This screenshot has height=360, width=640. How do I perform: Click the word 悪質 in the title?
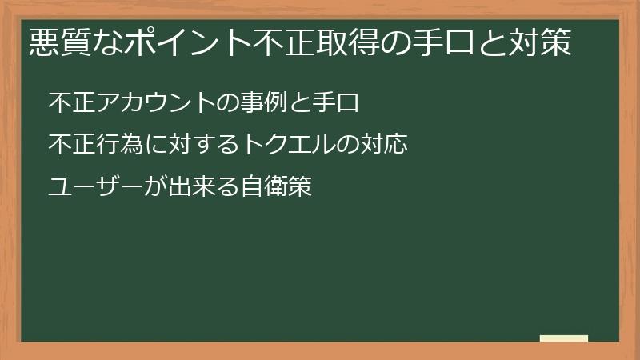coord(57,42)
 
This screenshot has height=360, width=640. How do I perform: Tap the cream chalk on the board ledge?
coord(563,338)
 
